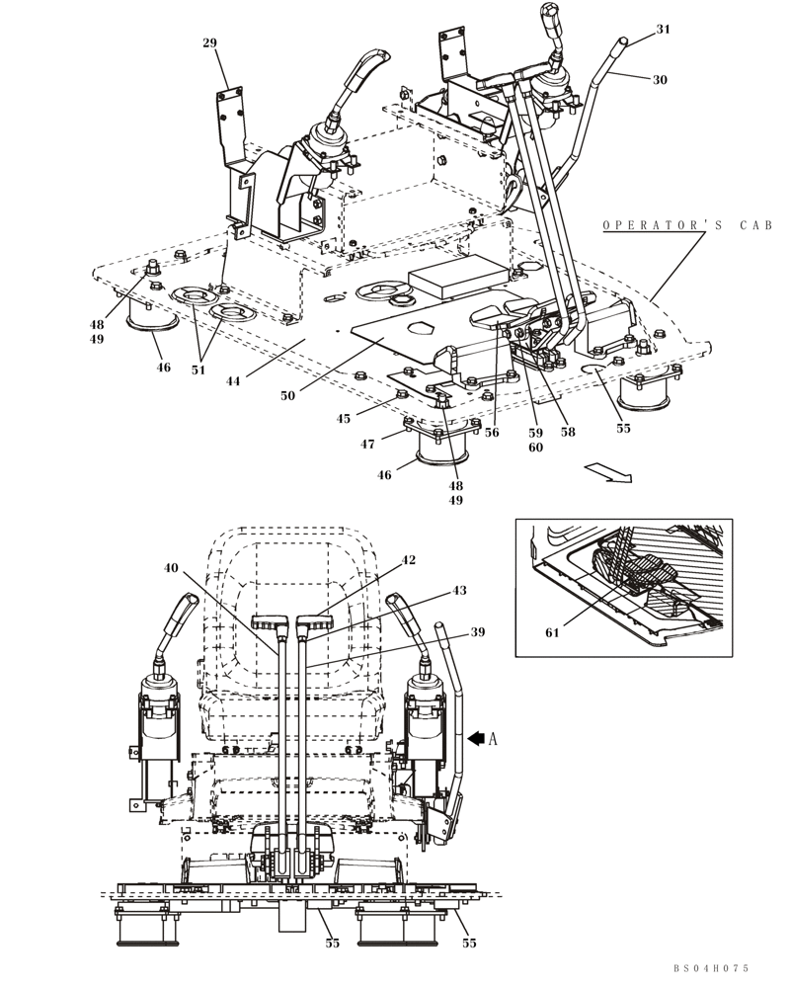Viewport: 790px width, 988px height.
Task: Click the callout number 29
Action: point(209,42)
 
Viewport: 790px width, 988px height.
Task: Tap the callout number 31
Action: point(663,30)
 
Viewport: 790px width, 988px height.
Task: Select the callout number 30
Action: point(660,80)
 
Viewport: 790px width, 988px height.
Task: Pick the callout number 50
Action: point(287,394)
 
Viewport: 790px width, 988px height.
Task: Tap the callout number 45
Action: point(343,418)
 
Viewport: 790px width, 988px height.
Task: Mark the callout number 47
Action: point(367,445)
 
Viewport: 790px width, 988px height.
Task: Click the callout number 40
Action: point(172,568)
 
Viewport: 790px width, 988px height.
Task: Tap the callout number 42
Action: point(408,560)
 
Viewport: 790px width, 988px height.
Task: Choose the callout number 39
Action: point(478,632)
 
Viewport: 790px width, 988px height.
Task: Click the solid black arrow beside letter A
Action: point(478,736)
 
